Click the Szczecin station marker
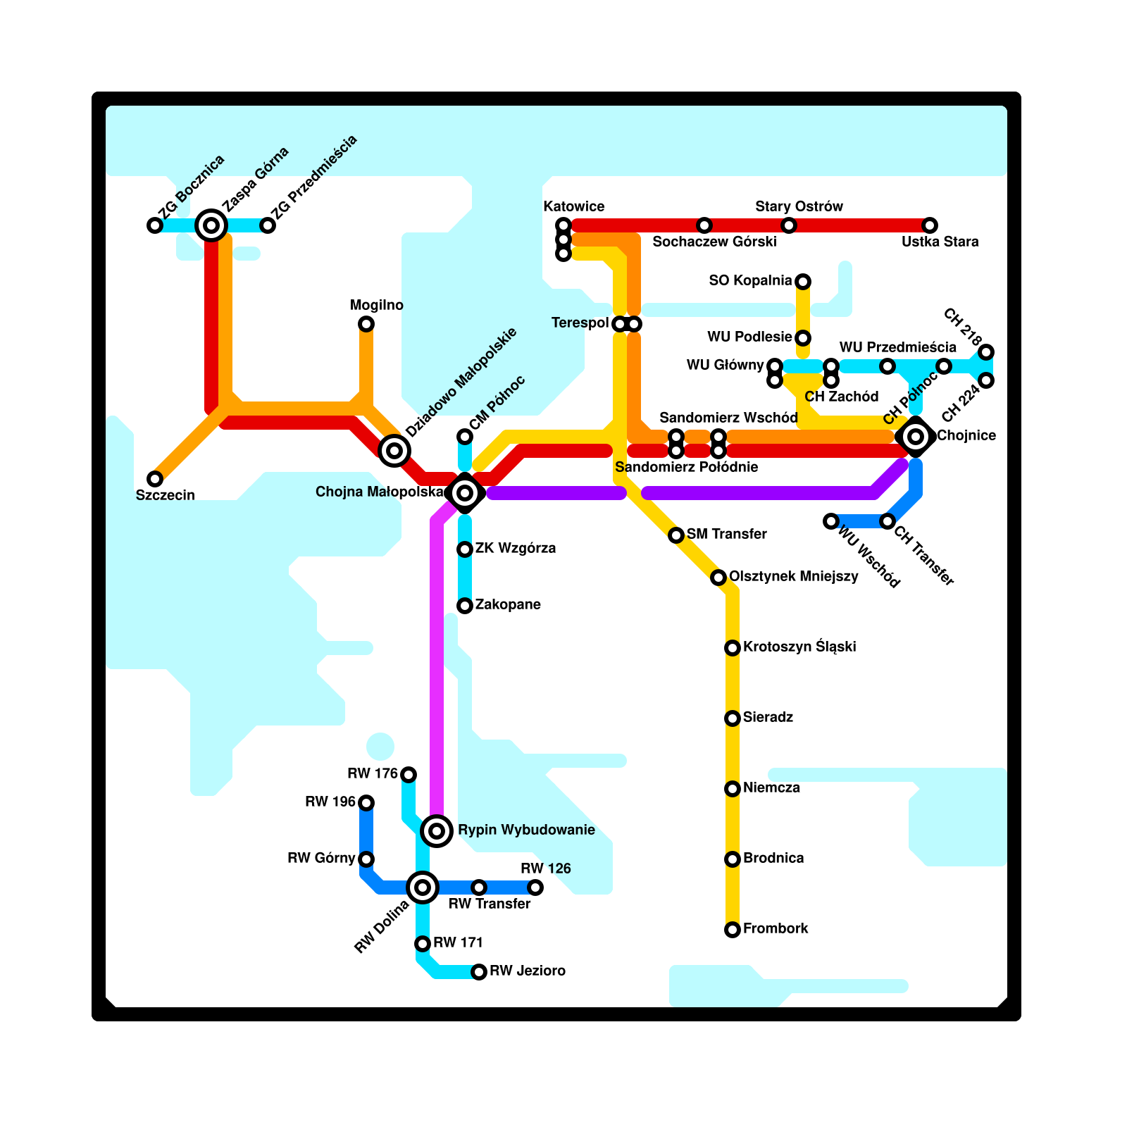tap(155, 479)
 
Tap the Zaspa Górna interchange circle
tap(211, 225)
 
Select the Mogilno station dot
tap(366, 324)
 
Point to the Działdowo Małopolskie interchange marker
tap(394, 450)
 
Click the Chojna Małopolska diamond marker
tap(465, 493)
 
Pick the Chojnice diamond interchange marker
tap(916, 437)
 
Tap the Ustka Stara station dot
tap(930, 225)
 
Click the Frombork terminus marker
tap(733, 930)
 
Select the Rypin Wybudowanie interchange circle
tap(437, 831)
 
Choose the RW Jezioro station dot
tap(479, 972)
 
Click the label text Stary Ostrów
tap(799, 206)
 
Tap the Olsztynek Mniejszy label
tap(793, 576)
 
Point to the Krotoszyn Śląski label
tap(799, 647)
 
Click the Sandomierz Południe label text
tap(686, 467)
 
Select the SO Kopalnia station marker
tap(803, 282)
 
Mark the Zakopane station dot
tap(465, 606)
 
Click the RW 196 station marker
tap(366, 803)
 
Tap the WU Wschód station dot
tap(831, 521)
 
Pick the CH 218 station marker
tap(986, 352)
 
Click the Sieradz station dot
tap(733, 718)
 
